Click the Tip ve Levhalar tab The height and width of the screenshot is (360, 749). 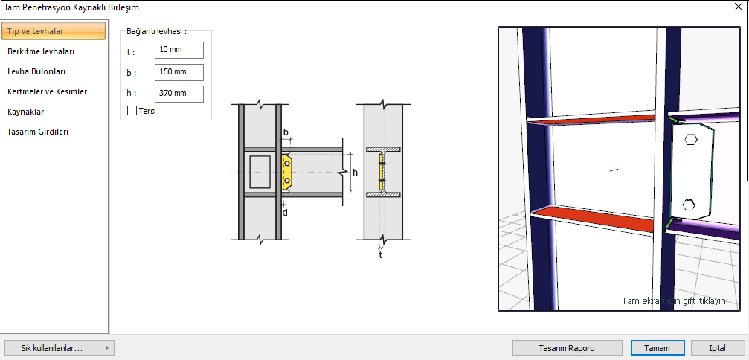54,31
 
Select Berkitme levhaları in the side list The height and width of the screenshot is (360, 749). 41,51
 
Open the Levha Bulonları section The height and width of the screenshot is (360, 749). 36,71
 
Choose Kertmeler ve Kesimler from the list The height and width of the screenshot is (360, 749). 47,91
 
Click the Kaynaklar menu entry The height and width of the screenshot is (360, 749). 26,112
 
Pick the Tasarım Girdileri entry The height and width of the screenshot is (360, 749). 38,132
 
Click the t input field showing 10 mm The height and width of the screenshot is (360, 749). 179,50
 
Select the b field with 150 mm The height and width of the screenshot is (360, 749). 179,72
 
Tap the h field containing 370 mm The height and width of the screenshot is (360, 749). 179,94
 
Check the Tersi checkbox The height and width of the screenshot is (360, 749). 132,111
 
